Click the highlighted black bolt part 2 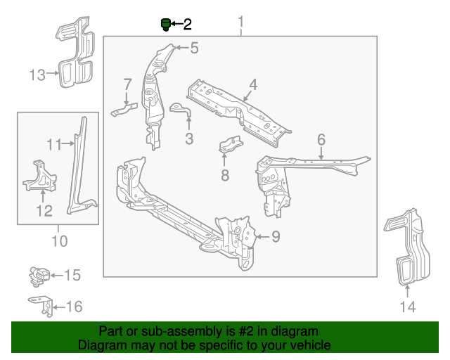coord(166,25)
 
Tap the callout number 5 coord(194,48)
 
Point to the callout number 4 coord(252,84)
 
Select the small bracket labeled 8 coord(229,146)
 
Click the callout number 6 coord(321,139)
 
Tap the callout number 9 coord(276,237)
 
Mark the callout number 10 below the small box coord(60,242)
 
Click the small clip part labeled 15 coord(39,275)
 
